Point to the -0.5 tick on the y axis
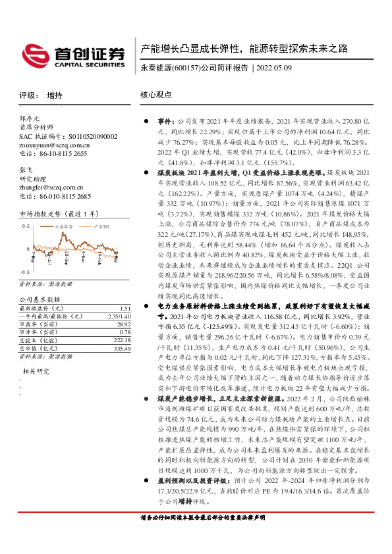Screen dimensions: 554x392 (x=24, y=271)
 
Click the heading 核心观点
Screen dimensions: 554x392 (x=155, y=95)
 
